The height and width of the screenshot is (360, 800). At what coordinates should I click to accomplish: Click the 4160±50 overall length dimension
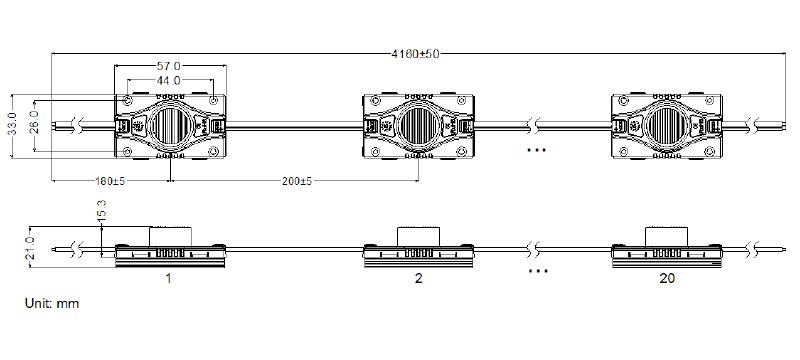[x=415, y=54]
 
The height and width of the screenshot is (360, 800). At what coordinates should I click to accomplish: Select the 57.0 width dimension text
[x=168, y=66]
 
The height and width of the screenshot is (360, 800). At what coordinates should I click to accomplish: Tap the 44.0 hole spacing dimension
[x=168, y=80]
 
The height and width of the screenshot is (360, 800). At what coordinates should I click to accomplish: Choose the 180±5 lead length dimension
[x=110, y=181]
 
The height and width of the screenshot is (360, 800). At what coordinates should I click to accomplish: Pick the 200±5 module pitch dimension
[x=296, y=181]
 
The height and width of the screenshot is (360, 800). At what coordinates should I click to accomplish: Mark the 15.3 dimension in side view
[x=102, y=210]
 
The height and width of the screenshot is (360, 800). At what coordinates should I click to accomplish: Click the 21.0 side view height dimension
[x=30, y=247]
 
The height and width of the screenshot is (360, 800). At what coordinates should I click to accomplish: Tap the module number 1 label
[x=168, y=278]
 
